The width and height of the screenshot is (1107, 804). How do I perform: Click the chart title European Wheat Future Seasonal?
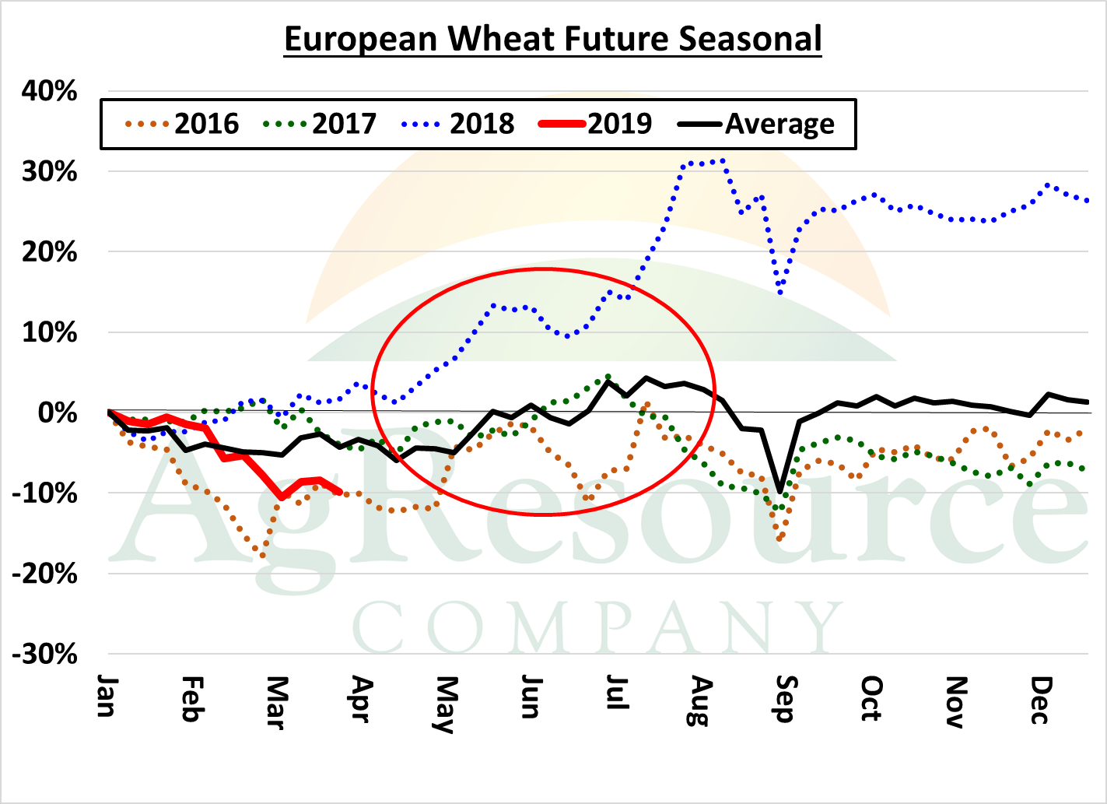point(552,39)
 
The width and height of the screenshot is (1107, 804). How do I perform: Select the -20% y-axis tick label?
point(45,574)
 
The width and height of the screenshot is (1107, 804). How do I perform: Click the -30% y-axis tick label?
point(45,655)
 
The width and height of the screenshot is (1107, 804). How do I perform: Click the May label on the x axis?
point(444,704)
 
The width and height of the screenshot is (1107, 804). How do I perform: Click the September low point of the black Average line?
point(779,492)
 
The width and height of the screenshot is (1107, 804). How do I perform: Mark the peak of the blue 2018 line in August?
point(723,160)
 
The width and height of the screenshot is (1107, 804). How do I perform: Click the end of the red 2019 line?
point(341,492)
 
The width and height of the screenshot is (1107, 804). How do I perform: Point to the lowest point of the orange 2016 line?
point(262,556)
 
